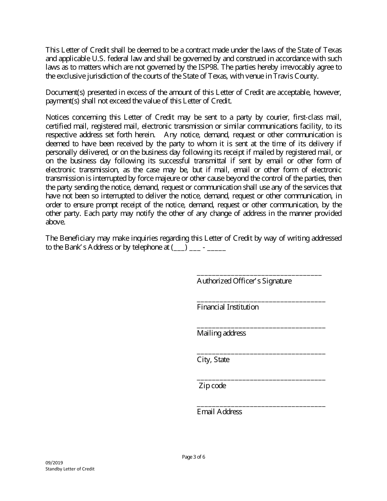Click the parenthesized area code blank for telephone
click(x=179, y=247)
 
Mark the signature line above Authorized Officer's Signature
click(x=259, y=275)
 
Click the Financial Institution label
click(x=228, y=307)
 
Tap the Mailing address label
click(x=221, y=333)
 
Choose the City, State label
click(x=213, y=360)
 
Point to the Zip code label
click(x=212, y=386)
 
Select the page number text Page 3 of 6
click(x=193, y=457)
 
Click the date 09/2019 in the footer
click(x=52, y=463)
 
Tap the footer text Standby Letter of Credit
click(x=70, y=469)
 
